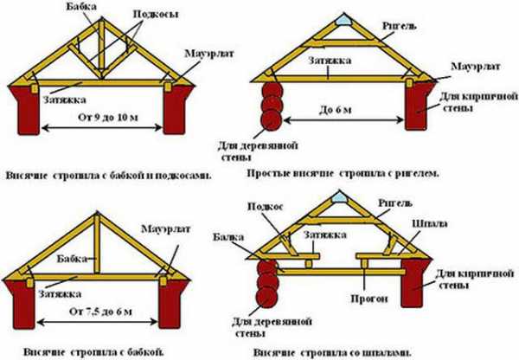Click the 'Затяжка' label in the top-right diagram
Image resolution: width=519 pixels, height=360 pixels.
pos(324,62)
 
